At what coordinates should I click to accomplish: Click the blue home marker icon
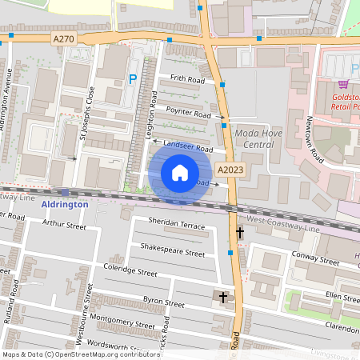(x=180, y=173)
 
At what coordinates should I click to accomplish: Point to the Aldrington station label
(x=63, y=204)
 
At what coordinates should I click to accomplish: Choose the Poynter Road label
(x=188, y=111)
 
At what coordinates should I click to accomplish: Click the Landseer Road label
(x=187, y=147)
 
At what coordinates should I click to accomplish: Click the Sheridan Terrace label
(x=177, y=222)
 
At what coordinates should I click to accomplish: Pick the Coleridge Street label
(x=130, y=271)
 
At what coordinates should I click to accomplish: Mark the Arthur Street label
(x=64, y=226)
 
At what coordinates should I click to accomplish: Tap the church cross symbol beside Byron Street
(x=223, y=298)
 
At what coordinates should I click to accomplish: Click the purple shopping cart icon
(x=342, y=83)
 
